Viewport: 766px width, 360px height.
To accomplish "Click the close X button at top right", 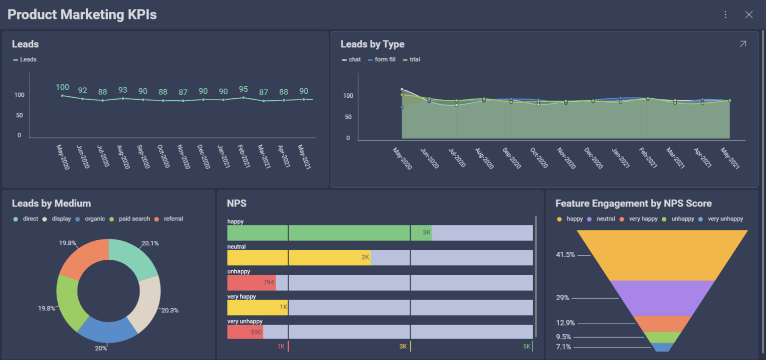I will (x=749, y=14).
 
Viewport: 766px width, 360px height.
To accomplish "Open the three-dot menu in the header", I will (x=726, y=14).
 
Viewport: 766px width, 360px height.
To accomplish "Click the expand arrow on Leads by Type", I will (x=743, y=44).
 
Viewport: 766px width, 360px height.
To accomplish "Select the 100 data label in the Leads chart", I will (x=62, y=87).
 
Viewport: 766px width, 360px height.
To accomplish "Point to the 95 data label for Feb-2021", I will (x=243, y=89).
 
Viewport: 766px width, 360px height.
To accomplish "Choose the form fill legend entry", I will (x=385, y=59).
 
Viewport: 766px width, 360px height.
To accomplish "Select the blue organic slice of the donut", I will (x=107, y=329).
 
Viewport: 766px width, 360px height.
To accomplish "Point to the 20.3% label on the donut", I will (x=170, y=310).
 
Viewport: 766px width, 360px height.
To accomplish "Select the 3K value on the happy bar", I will (x=426, y=232).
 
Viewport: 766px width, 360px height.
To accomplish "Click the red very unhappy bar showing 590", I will (x=245, y=332).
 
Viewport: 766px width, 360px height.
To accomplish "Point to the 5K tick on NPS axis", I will (x=527, y=346).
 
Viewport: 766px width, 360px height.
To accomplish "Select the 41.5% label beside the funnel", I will (x=566, y=255).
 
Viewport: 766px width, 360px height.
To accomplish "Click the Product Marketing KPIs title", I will (x=82, y=14).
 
